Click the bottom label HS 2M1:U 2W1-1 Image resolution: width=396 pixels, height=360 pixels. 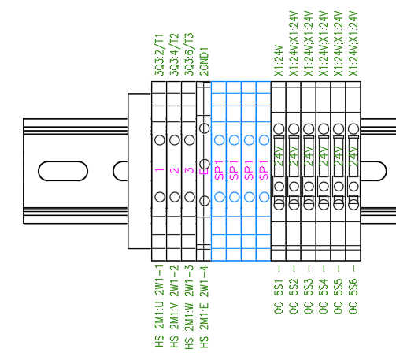pyautogui.click(x=159, y=306)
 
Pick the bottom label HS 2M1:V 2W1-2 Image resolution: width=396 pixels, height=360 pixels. pyautogui.click(x=174, y=306)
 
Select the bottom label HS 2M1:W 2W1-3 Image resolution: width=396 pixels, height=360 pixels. pyautogui.click(x=189, y=306)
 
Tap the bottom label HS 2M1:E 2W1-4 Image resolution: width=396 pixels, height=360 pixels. pyautogui.click(x=204, y=306)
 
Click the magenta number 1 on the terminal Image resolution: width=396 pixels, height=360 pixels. pyautogui.click(x=159, y=169)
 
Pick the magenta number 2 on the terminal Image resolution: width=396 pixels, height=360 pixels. pyautogui.click(x=174, y=169)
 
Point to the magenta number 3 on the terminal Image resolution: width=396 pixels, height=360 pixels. pyautogui.click(x=189, y=169)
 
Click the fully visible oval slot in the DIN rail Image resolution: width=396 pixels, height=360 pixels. pyautogui.click(x=54, y=169)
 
